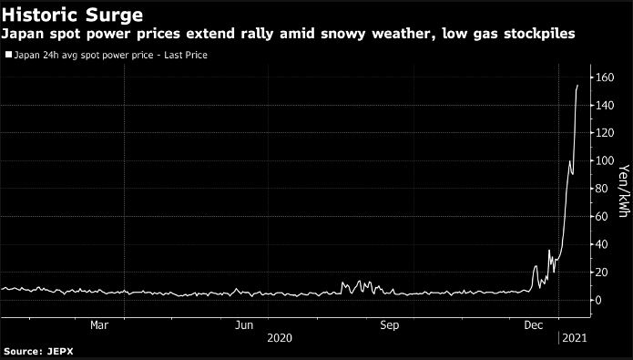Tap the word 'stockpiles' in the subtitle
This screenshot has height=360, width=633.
point(545,35)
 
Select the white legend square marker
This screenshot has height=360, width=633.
point(8,56)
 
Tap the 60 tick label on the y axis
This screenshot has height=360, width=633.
point(605,217)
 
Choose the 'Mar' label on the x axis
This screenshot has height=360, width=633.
point(100,324)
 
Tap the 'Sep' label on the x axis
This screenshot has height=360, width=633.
point(389,324)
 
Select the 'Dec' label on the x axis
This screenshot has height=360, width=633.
point(534,324)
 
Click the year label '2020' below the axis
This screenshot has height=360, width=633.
point(280,337)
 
